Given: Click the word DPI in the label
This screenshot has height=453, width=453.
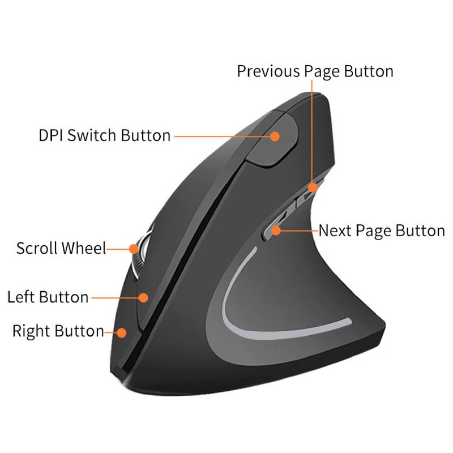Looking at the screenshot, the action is pyautogui.click(x=51, y=136).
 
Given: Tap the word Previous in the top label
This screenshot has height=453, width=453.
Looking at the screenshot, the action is pyautogui.click(x=268, y=71).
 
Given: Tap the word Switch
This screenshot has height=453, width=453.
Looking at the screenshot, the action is pyautogui.click(x=95, y=136).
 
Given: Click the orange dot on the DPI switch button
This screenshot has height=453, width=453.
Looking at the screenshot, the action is pyautogui.click(x=276, y=136).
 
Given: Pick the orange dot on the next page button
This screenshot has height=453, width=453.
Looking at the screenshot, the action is pyautogui.click(x=276, y=230).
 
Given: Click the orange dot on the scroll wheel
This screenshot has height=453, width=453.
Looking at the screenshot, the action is pyautogui.click(x=134, y=248).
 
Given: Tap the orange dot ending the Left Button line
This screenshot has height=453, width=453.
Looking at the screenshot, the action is pyautogui.click(x=143, y=297).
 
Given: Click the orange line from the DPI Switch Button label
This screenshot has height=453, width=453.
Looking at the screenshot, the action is pyautogui.click(x=221, y=136).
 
